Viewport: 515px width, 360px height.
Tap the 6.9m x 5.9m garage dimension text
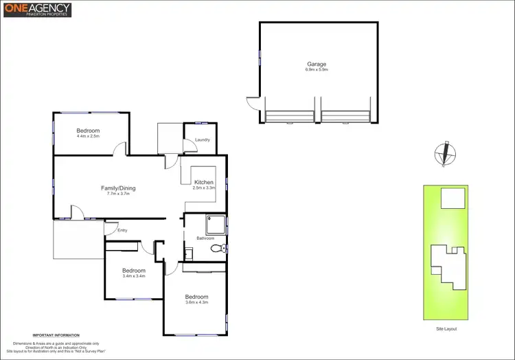pyautogui.click(x=317, y=70)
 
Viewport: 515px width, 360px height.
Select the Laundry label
pyautogui.click(x=202, y=140)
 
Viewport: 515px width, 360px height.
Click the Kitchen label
pyautogui.click(x=204, y=182)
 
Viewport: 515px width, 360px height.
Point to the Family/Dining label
pyautogui.click(x=118, y=188)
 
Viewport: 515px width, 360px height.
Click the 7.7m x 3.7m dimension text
pyautogui.click(x=118, y=194)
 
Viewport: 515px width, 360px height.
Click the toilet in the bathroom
pyautogui.click(x=218, y=249)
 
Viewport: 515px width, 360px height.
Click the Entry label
pyautogui.click(x=122, y=230)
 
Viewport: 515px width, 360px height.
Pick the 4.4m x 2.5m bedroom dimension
pyautogui.click(x=88, y=136)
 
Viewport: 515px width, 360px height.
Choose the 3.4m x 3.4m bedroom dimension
pyautogui.click(x=134, y=276)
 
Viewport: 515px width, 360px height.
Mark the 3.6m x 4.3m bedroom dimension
pyautogui.click(x=196, y=302)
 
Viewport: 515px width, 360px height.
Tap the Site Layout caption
pyautogui.click(x=446, y=329)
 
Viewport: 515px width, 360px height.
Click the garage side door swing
pyautogui.click(x=253, y=102)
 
